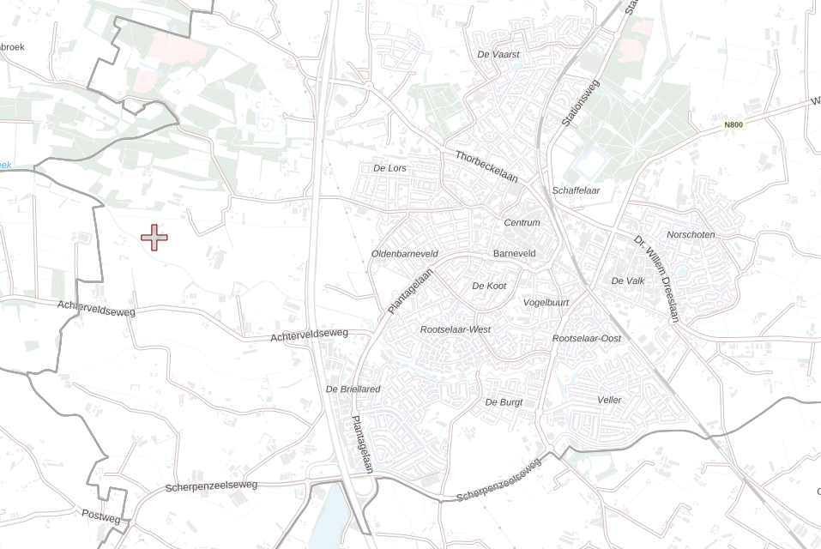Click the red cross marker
[154, 238]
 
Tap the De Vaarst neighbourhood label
[498, 54]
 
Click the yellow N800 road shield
[733, 124]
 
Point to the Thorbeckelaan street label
[487, 166]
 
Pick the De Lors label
[390, 168]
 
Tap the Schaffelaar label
[577, 190]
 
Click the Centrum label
[522, 223]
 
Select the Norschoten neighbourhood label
[691, 235]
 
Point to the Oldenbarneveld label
[405, 254]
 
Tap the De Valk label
[628, 281]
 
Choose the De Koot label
[489, 286]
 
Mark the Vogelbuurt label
[546, 303]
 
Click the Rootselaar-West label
[456, 329]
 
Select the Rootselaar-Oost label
[587, 339]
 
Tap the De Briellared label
[353, 389]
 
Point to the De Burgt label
[504, 401]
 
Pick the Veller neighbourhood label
[609, 400]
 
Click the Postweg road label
[101, 516]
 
